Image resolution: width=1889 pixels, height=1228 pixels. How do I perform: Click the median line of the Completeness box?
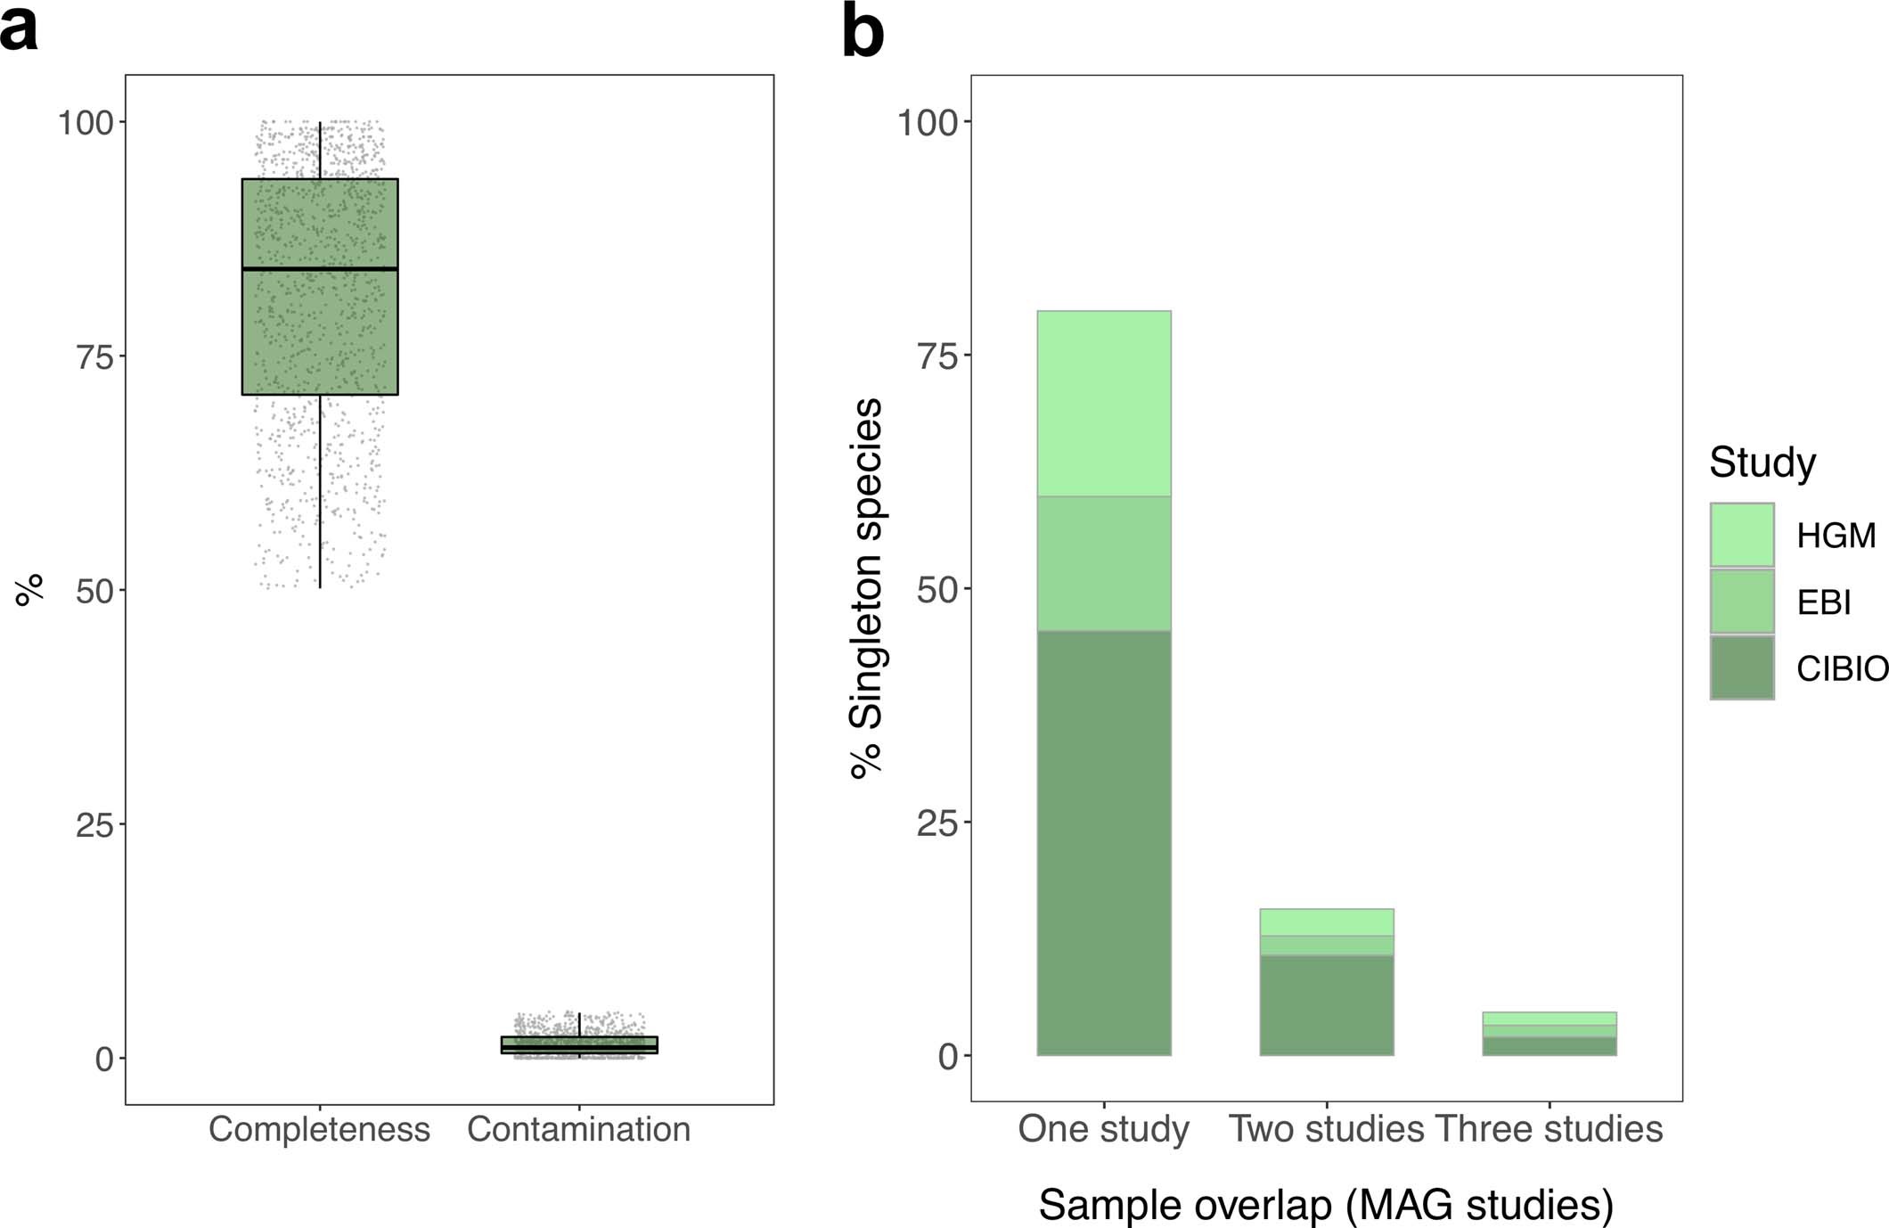point(320,268)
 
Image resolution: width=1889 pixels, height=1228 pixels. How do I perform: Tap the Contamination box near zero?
point(579,1044)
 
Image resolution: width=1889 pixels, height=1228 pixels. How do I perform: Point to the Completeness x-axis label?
point(319,1129)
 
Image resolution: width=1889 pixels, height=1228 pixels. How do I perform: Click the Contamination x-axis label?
point(579,1129)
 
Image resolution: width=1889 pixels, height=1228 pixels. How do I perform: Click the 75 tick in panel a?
point(95,356)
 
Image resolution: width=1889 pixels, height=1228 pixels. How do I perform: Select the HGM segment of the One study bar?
point(1104,404)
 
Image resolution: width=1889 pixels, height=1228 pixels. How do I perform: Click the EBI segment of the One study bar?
point(1104,563)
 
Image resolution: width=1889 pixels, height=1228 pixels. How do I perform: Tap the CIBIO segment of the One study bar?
point(1104,842)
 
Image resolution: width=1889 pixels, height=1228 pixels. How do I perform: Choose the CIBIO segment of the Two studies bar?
point(1326,1005)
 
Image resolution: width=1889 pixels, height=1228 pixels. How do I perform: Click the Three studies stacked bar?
point(1549,1035)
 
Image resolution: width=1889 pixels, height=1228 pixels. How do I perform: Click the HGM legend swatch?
point(1741,535)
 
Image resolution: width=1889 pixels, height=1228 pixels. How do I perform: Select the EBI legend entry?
point(1823,602)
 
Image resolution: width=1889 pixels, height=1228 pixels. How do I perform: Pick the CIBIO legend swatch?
point(1741,667)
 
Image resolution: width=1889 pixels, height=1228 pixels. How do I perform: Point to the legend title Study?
point(1762,463)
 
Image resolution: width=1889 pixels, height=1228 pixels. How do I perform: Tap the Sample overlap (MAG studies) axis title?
point(1326,1205)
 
